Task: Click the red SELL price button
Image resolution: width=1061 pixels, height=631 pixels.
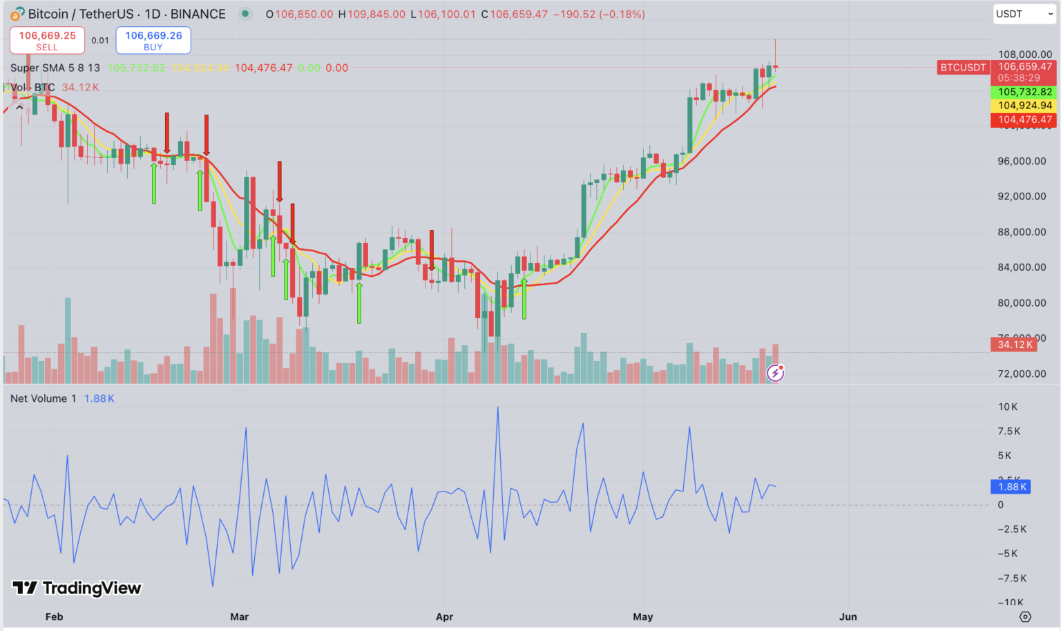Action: pos(47,40)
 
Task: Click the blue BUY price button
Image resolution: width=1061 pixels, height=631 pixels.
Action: pos(153,40)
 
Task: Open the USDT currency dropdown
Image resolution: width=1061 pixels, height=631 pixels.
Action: pos(1024,14)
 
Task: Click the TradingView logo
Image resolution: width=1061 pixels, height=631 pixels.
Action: pos(77,588)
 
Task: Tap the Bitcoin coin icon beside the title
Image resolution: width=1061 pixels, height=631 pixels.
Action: pos(17,14)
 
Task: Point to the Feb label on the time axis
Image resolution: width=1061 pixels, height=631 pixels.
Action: pos(54,617)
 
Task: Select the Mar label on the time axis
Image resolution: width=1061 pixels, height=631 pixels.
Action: pos(239,617)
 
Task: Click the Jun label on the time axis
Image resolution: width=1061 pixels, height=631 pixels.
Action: pos(848,617)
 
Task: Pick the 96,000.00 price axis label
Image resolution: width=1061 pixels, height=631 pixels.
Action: pos(1022,161)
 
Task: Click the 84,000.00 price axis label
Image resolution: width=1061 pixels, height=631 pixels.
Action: pos(1022,267)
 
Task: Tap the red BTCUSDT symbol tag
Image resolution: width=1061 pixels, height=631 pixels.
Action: pos(962,67)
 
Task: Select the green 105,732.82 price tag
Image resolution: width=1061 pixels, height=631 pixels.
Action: pos(1024,92)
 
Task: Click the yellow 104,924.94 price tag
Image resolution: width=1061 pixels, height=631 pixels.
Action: pos(1024,106)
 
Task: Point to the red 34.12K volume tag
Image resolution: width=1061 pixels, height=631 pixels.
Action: pos(1014,344)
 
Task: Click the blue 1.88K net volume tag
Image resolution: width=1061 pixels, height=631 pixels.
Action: pos(1012,487)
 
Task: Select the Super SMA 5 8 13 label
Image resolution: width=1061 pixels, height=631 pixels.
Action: pos(55,68)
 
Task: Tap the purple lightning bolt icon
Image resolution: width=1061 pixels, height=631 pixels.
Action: pos(776,373)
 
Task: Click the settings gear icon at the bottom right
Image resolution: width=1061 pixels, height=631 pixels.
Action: pos(1025,617)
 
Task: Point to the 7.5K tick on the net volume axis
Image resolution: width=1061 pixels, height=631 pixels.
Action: pos(1009,431)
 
